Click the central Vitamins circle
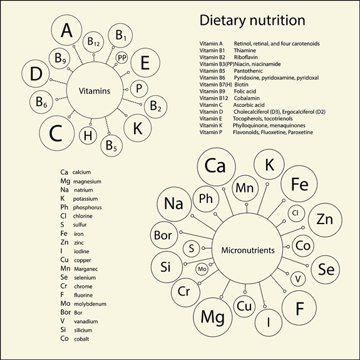[95, 90]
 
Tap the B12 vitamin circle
[93, 42]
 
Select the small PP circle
[121, 58]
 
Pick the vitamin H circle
[88, 135]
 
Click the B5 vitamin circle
[111, 145]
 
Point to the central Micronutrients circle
[247, 250]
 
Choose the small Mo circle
[202, 269]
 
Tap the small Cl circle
[296, 213]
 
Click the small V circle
[298, 279]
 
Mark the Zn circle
[325, 220]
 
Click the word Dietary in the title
[222, 21]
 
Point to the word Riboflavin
[245, 57]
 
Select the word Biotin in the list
[241, 85]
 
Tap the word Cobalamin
[247, 98]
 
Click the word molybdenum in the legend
[90, 304]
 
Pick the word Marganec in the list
[86, 269]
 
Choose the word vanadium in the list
[86, 321]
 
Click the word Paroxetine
[301, 132]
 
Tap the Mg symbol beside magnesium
[65, 181]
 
